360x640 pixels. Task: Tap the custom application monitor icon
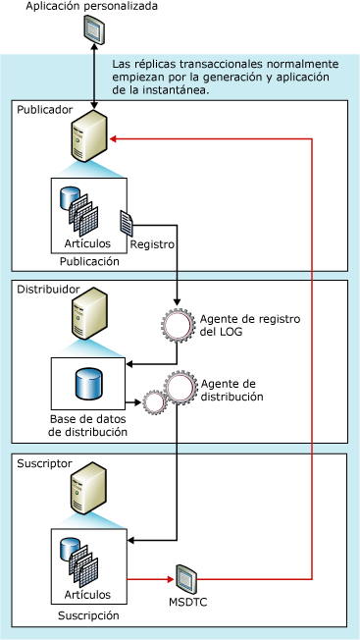pyautogui.click(x=93, y=34)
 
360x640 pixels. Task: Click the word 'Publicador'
pyautogui.click(x=45, y=109)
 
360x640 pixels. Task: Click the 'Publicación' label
pyautogui.click(x=88, y=261)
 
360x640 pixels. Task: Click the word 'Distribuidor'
pyautogui.click(x=48, y=292)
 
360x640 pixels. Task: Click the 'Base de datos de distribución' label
pyautogui.click(x=88, y=424)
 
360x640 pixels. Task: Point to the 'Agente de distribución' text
pyautogui.click(x=232, y=391)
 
